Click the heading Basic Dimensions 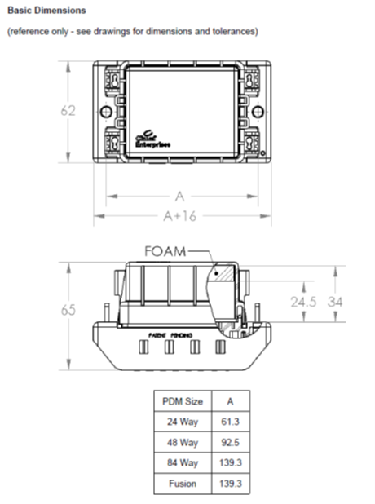46,11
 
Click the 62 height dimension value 68,110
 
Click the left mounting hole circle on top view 104,112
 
